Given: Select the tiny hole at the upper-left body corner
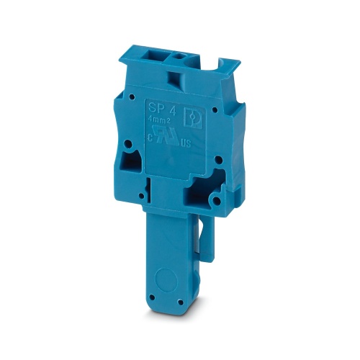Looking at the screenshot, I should [132, 95].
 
